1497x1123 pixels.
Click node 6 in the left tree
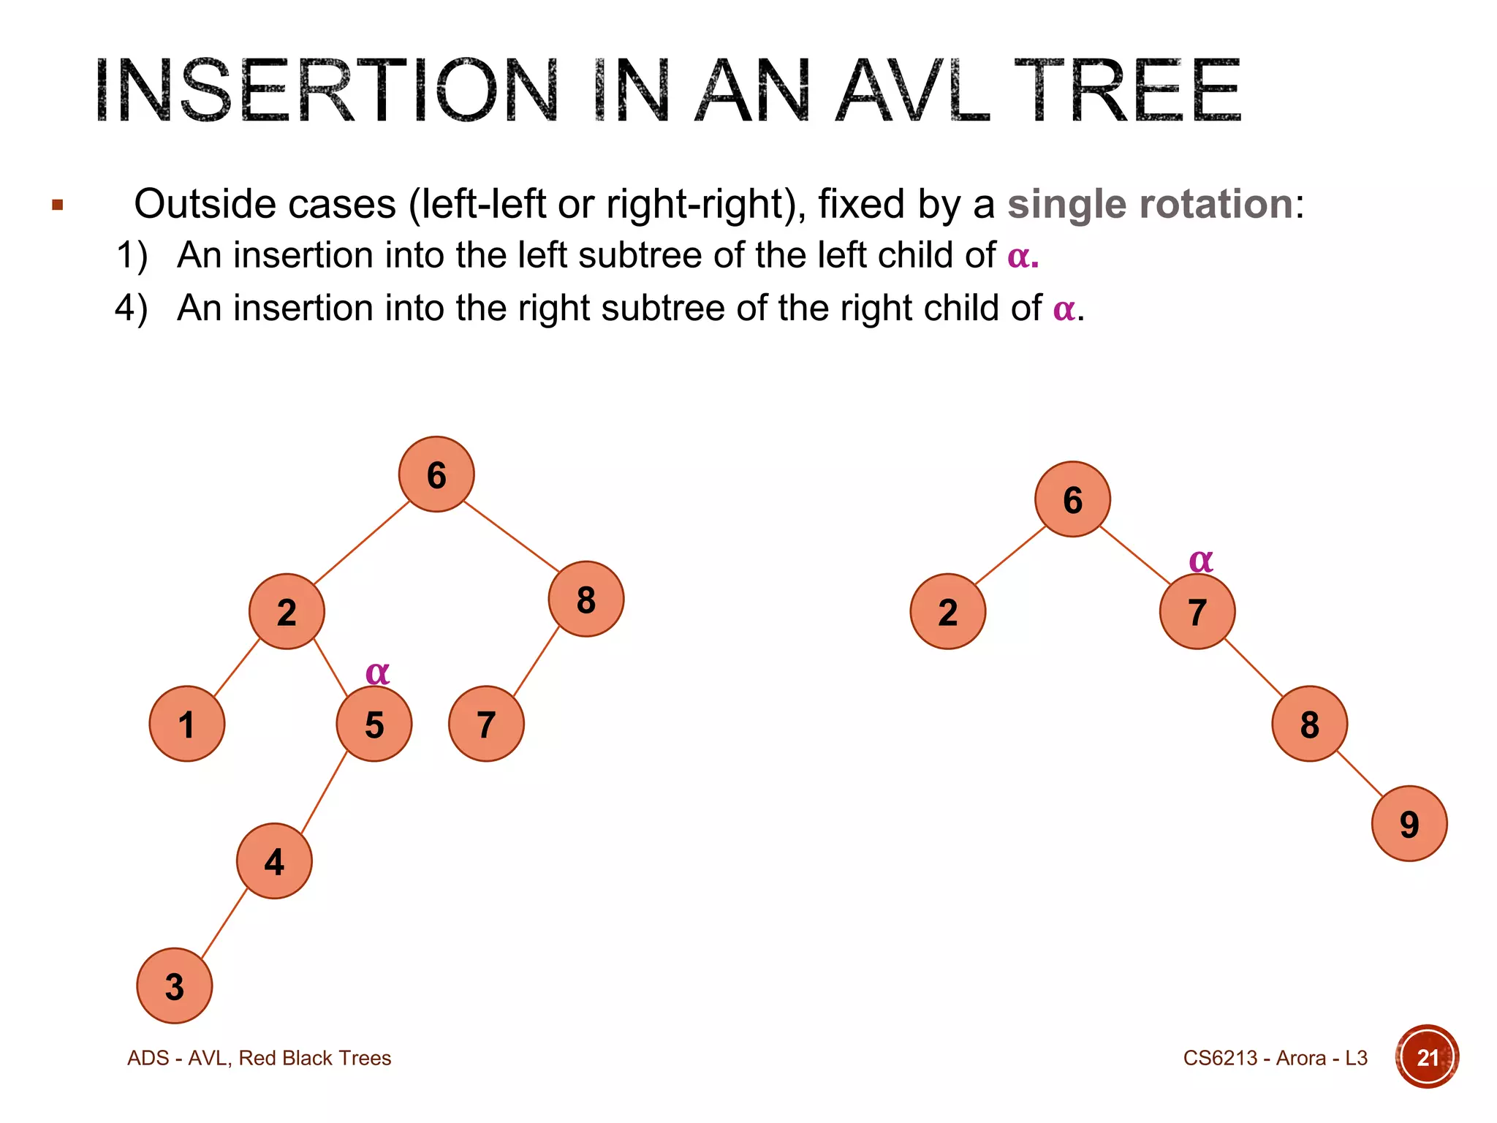(x=436, y=474)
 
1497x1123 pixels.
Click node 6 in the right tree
(x=1072, y=499)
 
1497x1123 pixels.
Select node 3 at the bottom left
(x=174, y=986)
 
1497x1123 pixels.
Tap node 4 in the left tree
(x=274, y=861)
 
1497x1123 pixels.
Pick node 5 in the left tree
(x=374, y=724)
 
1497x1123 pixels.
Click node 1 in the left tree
(x=187, y=724)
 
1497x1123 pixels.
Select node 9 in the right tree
(x=1409, y=823)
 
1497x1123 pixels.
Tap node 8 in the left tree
(x=586, y=600)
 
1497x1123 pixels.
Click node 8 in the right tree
(x=1309, y=724)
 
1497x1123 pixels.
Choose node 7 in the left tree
(x=486, y=724)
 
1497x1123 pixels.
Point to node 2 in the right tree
(x=948, y=611)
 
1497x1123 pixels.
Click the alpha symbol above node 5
(x=377, y=672)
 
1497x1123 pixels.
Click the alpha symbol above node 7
(x=1201, y=560)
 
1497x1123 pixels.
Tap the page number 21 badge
(x=1427, y=1057)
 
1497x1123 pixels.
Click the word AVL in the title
(x=913, y=91)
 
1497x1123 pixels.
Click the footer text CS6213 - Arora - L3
(x=1275, y=1058)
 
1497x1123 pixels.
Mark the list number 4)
(x=132, y=308)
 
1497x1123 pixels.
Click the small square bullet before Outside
(x=58, y=205)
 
